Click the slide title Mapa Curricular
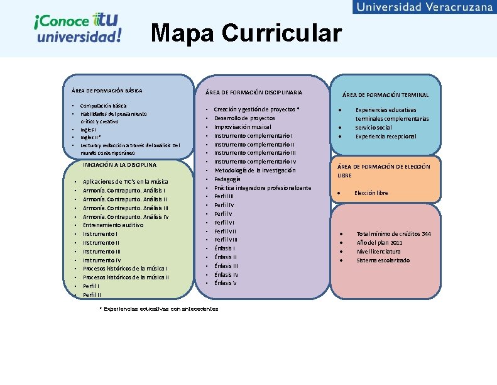(246, 33)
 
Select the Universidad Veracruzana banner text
(425, 7)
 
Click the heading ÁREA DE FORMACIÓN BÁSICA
(107, 91)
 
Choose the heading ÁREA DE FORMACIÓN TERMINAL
(385, 95)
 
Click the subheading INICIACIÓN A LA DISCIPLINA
(119, 165)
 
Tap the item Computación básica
(104, 106)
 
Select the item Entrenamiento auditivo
(113, 225)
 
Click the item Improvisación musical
(243, 126)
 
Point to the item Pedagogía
(227, 179)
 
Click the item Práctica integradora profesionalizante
(263, 187)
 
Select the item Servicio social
(374, 127)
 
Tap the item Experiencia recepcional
(386, 136)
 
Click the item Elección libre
(371, 192)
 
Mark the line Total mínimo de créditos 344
(394, 234)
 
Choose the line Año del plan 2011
(380, 243)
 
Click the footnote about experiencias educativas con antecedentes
(160, 309)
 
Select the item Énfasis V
(226, 282)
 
